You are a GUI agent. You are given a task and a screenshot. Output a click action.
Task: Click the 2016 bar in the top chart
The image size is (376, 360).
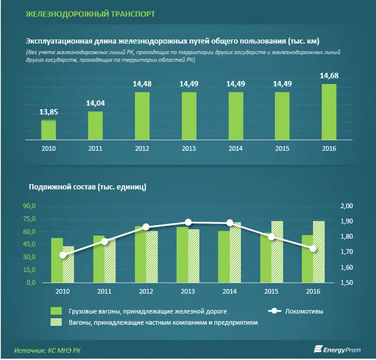tap(329, 112)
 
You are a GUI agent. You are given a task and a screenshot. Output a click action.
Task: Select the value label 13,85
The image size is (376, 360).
tap(49, 112)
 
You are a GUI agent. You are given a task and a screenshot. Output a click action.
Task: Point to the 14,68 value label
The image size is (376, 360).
tap(329, 76)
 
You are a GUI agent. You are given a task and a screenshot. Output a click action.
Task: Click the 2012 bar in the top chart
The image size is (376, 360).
tap(142, 116)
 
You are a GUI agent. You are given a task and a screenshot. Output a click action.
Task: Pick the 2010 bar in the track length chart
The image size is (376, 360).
tap(49, 130)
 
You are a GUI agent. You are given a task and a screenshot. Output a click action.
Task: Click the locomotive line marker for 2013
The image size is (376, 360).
tap(188, 222)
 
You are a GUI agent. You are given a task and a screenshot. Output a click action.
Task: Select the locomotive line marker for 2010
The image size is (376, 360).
tap(63, 255)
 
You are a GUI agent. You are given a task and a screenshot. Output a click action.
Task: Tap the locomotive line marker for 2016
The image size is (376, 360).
tap(313, 248)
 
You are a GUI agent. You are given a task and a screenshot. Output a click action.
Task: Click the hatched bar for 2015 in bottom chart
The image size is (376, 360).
tap(278, 251)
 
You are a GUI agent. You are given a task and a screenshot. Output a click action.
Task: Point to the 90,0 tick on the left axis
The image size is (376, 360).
tap(30, 206)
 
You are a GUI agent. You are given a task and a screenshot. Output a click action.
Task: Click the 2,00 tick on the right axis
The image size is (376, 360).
tap(346, 206)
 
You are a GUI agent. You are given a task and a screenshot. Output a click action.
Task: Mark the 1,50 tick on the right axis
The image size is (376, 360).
tap(346, 283)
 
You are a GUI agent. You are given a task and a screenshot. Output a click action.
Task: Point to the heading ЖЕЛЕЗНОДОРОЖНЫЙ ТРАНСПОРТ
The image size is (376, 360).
tap(90, 14)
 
